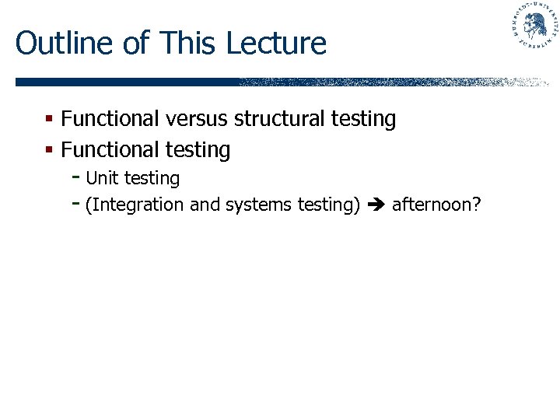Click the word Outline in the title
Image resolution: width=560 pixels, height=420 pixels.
[x=65, y=43]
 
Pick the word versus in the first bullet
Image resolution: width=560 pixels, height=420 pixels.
[x=198, y=119]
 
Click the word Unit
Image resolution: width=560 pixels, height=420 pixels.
[x=102, y=178]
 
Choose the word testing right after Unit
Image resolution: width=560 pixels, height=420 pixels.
[x=152, y=179]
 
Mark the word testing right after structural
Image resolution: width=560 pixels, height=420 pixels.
[x=363, y=120]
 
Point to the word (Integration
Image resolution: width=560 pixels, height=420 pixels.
[x=135, y=205]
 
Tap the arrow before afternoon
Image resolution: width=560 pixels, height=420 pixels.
[x=376, y=205]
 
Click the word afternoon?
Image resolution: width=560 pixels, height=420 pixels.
[x=436, y=205]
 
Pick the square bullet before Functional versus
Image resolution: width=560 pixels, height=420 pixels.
[x=48, y=119]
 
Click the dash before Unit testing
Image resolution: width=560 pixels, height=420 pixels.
[x=75, y=177]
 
